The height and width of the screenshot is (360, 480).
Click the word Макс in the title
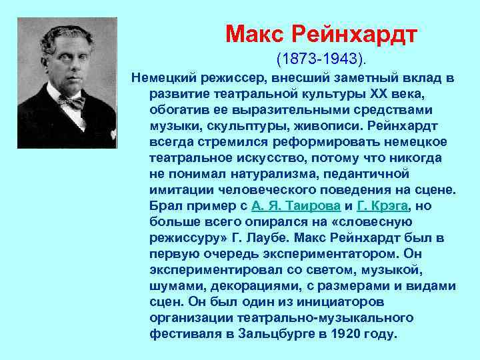tap(251, 33)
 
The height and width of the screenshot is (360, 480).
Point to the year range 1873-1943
tap(320, 60)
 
